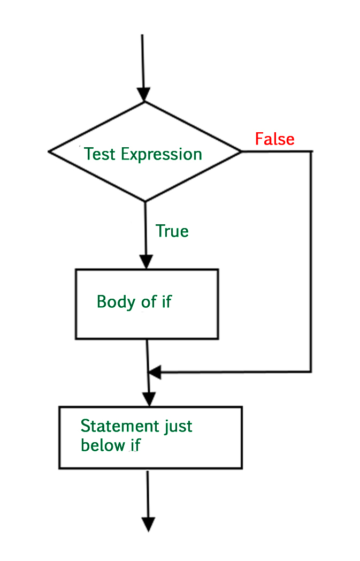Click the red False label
(274, 139)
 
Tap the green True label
(172, 231)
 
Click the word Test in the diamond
(100, 154)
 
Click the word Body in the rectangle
(116, 301)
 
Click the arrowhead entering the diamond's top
(143, 95)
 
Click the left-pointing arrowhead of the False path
(155, 372)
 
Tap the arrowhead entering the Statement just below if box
(149, 399)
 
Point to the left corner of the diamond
(49, 151)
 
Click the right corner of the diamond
(241, 151)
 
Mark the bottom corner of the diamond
(145, 201)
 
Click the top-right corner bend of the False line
(311, 151)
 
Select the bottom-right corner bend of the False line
(311, 371)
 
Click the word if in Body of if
(166, 301)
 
